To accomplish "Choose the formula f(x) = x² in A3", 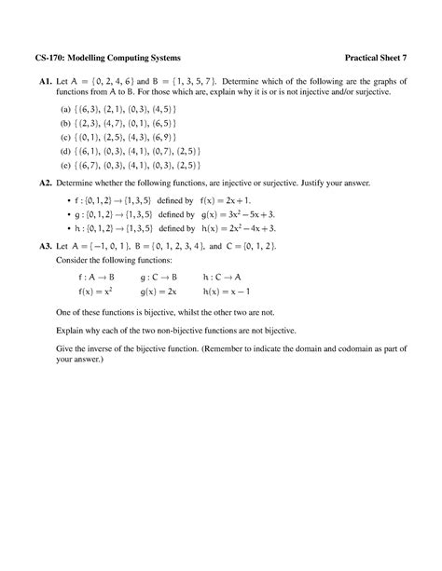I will [x=95, y=292].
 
